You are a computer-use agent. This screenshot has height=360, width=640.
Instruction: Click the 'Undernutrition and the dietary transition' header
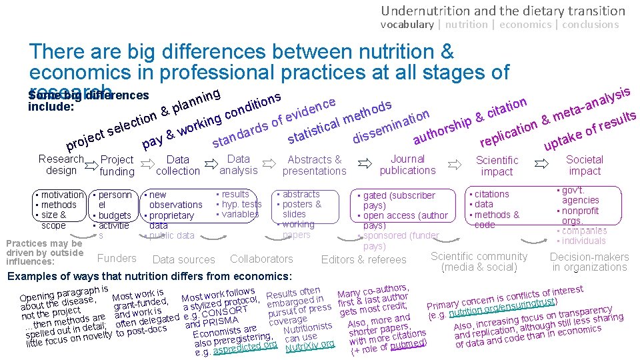(503, 11)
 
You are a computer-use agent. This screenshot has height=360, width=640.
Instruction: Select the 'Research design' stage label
(61, 165)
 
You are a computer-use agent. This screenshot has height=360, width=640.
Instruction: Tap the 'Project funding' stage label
(117, 165)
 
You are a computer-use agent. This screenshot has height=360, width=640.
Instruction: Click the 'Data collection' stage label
(177, 165)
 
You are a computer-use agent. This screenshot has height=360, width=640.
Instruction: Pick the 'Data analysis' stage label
(238, 165)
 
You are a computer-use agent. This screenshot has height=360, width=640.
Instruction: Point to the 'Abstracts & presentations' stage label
(314, 165)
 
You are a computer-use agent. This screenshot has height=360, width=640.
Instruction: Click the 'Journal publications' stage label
(407, 165)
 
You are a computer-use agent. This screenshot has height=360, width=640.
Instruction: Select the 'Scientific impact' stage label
(497, 165)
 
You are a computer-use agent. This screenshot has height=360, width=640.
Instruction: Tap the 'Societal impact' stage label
(584, 165)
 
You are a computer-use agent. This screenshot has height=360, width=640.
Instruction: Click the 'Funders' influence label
(117, 258)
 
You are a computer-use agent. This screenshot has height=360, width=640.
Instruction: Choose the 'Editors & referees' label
(363, 259)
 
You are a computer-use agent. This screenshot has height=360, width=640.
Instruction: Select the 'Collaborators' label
(261, 259)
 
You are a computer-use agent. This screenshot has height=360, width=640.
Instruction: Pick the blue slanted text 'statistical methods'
(339, 123)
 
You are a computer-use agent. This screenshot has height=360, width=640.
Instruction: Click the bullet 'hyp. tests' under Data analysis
(241, 204)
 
